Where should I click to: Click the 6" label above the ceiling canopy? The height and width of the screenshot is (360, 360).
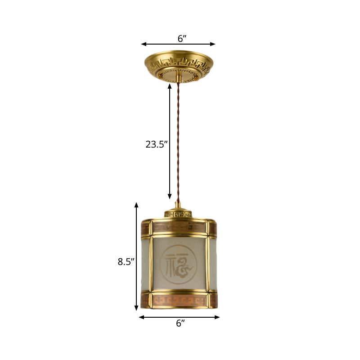tap(182, 38)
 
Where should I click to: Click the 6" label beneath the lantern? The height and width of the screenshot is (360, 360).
tap(180, 323)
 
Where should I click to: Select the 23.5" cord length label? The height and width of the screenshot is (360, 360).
tap(156, 144)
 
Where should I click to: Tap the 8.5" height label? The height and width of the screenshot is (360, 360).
tap(126, 262)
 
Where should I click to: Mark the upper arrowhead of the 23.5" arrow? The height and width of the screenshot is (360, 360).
tap(170, 85)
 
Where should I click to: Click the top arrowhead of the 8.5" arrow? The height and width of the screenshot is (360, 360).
tap(136, 205)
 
